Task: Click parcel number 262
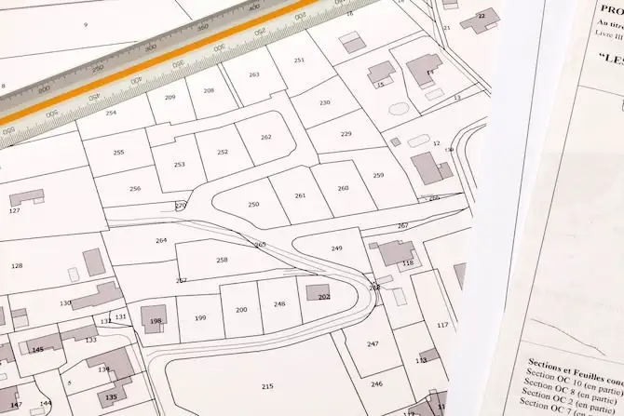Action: tap(266, 137)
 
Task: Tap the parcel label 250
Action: tap(253, 204)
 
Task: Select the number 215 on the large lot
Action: tap(267, 385)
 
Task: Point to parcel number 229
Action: tap(346, 134)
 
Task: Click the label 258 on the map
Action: tap(222, 260)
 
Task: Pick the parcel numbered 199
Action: tap(200, 318)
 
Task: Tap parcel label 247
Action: tap(373, 343)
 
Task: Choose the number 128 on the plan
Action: tap(17, 266)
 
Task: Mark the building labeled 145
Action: tap(37, 349)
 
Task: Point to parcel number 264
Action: tap(161, 240)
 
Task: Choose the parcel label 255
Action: tap(118, 152)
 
